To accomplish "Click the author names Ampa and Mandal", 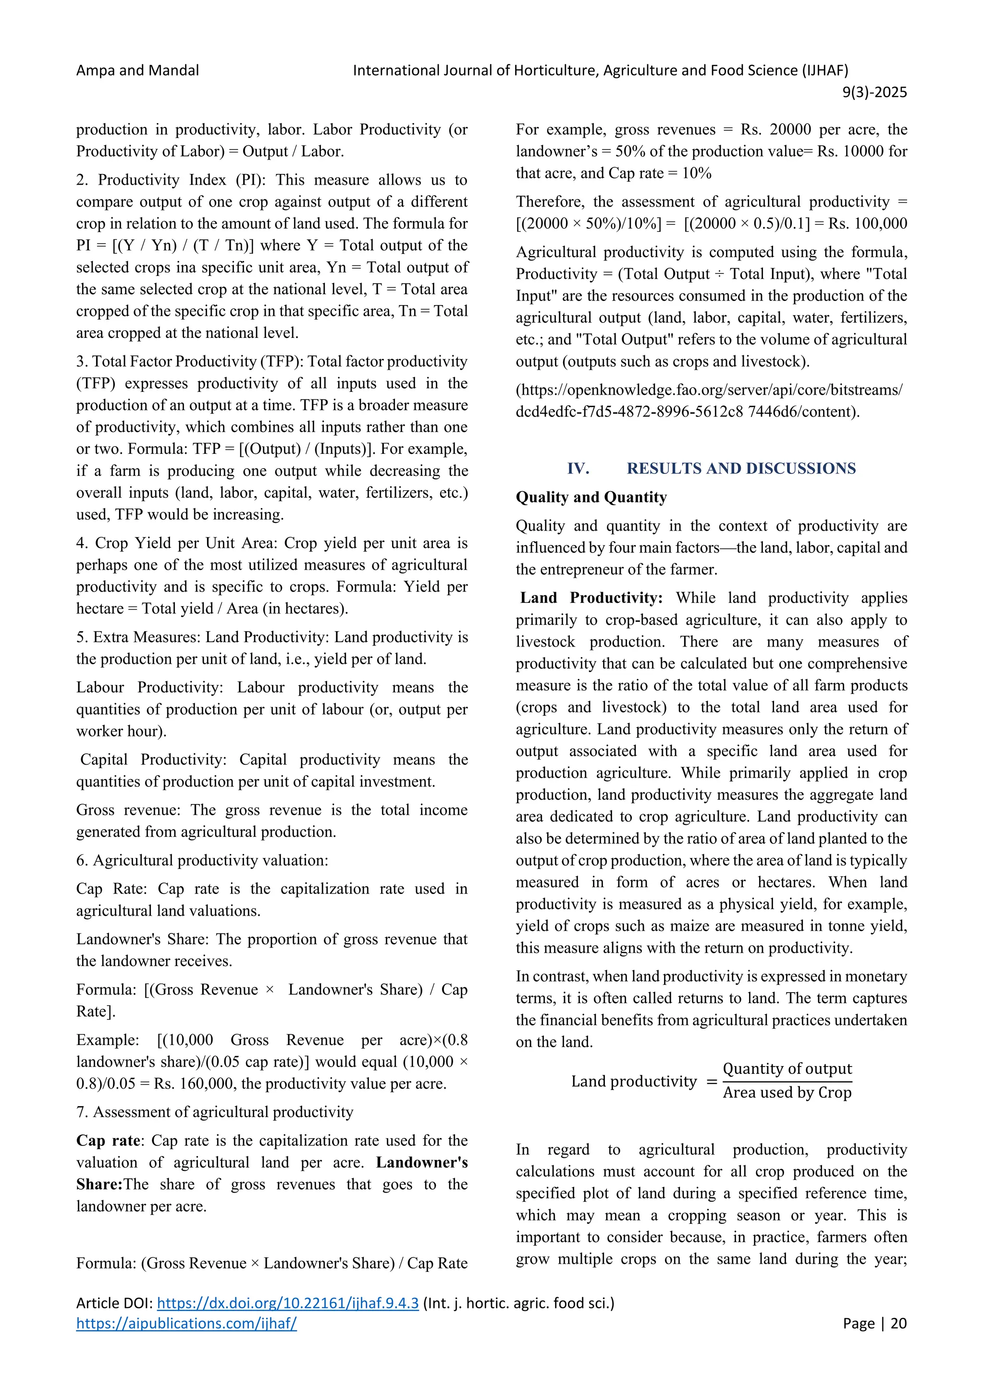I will (x=137, y=70).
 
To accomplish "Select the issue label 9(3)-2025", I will (x=874, y=92).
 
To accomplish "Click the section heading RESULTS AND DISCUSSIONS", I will (x=740, y=468).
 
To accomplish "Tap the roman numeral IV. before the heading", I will (x=578, y=468).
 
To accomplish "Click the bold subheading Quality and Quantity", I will (x=591, y=497).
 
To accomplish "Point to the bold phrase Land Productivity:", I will (x=591, y=598).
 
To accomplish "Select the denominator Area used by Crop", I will (x=787, y=1093).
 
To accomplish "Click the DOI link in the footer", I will (x=288, y=1303).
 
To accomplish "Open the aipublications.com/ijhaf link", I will (x=186, y=1323).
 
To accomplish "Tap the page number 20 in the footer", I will (x=898, y=1323).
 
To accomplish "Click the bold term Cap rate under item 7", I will (x=108, y=1141).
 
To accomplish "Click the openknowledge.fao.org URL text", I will (x=709, y=390).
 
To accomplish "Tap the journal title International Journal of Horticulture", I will (x=600, y=70).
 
